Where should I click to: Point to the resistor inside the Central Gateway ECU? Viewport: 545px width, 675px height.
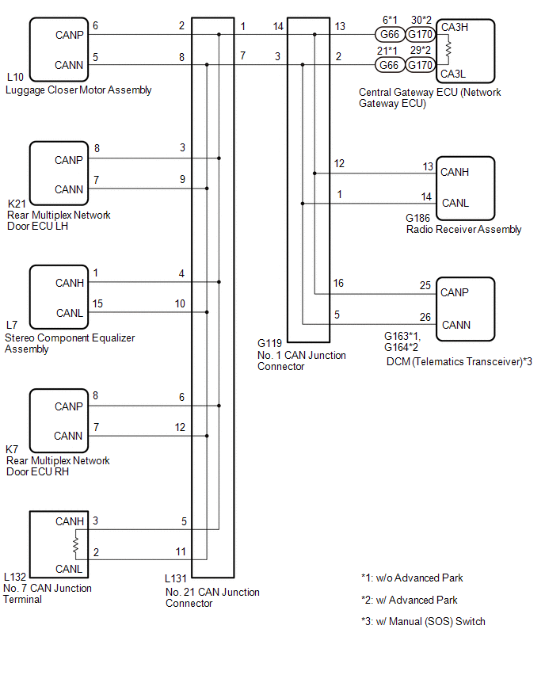click(448, 49)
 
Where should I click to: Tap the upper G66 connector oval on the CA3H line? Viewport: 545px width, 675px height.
click(390, 34)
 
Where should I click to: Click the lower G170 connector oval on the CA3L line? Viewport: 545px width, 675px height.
click(420, 65)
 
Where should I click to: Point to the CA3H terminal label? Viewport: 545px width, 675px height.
click(454, 27)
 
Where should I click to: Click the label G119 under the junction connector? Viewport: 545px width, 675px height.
click(269, 343)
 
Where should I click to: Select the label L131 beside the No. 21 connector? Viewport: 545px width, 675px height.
click(176, 578)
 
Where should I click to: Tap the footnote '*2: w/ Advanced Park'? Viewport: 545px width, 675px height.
click(410, 600)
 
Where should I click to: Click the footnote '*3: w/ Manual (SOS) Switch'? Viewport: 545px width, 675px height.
click(423, 621)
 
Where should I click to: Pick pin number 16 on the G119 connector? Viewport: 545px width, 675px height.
click(338, 283)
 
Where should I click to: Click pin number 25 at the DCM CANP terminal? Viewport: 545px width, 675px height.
click(425, 285)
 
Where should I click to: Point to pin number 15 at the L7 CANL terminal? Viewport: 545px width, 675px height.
click(97, 303)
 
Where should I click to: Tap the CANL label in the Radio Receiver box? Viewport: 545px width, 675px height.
click(455, 203)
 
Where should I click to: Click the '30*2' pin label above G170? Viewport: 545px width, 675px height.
click(421, 20)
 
